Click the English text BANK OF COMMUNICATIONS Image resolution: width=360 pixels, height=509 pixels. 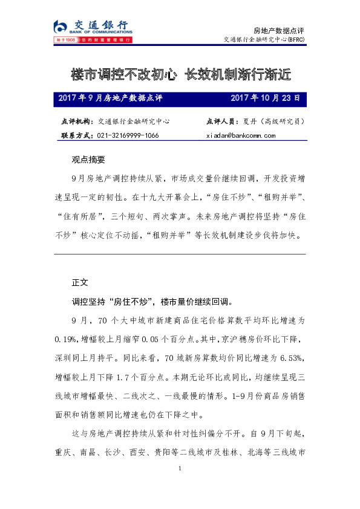[x=97, y=33]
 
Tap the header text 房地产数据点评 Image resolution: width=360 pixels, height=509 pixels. [x=278, y=30]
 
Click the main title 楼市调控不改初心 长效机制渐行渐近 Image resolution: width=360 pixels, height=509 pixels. [x=180, y=74]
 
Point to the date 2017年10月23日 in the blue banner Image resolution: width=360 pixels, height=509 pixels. [x=265, y=97]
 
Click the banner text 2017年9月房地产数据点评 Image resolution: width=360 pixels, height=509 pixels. [x=111, y=97]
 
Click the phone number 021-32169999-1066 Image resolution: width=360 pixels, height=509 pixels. [x=128, y=135]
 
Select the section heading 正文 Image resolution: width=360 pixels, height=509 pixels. [x=80, y=282]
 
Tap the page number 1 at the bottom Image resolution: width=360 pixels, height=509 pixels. [x=180, y=470]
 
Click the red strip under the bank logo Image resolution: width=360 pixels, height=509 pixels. [x=91, y=40]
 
